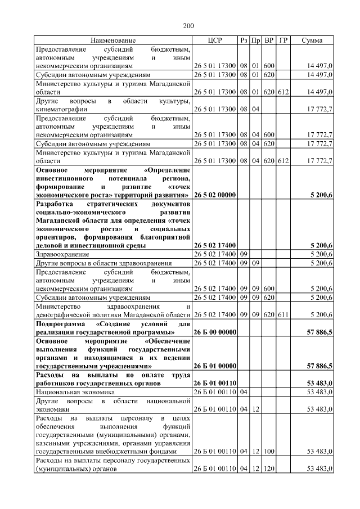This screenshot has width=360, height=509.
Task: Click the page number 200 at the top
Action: [188, 26]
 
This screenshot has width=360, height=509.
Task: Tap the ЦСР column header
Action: [216, 41]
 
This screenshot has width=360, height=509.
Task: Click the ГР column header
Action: [283, 41]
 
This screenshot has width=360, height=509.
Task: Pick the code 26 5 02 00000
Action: [215, 195]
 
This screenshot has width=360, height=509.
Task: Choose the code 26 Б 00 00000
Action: [215, 333]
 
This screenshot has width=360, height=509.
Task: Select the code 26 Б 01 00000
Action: [215, 366]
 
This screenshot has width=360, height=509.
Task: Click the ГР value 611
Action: [283, 315]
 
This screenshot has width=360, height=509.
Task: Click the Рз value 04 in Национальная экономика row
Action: [244, 391]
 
